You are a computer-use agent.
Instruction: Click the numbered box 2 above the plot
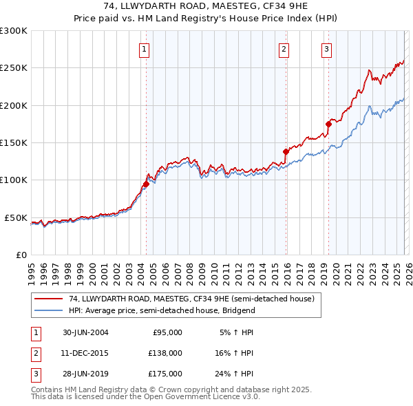click(x=284, y=48)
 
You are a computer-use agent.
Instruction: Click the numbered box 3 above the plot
click(x=326, y=48)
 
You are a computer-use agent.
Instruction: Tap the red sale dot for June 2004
click(x=146, y=184)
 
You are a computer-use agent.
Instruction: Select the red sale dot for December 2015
click(x=286, y=151)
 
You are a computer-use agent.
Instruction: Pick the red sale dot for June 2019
click(x=328, y=125)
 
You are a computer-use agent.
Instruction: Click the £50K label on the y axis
click(x=16, y=217)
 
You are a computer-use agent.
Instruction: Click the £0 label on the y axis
click(x=21, y=255)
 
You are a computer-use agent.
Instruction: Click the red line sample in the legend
click(x=49, y=299)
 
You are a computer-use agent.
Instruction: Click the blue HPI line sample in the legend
click(x=49, y=310)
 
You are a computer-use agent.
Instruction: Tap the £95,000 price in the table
click(x=167, y=332)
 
